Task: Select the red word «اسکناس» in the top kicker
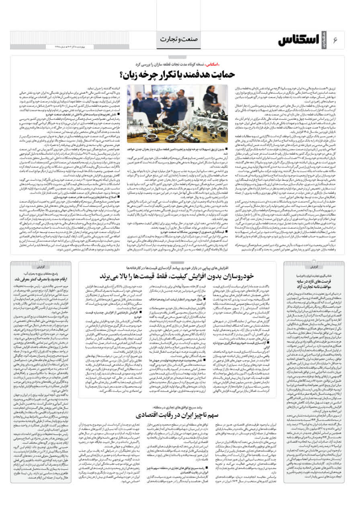(214, 64)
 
